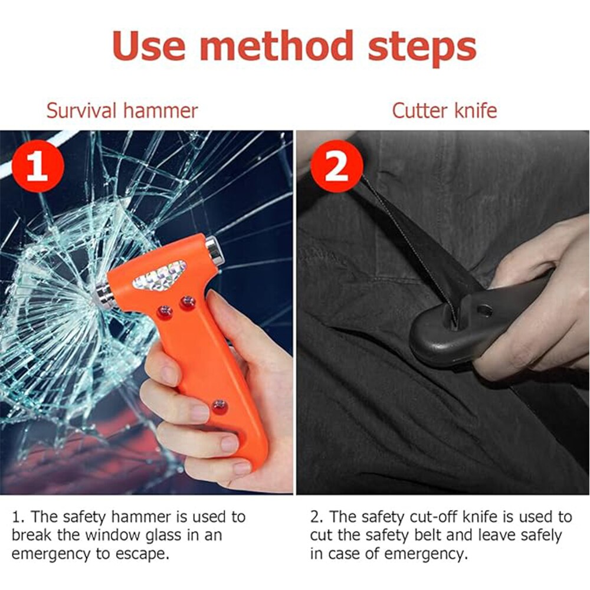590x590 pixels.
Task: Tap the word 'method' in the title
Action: pos(276,46)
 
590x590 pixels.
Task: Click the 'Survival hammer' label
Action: pos(122,111)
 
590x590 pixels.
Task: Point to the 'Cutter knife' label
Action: pos(444,111)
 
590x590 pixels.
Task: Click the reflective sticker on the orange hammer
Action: pos(159,275)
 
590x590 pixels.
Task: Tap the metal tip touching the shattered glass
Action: pos(103,296)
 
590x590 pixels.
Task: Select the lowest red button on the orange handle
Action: pos(219,407)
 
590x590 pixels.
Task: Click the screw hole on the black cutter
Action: pos(484,311)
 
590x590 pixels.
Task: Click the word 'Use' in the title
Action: pos(149,46)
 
